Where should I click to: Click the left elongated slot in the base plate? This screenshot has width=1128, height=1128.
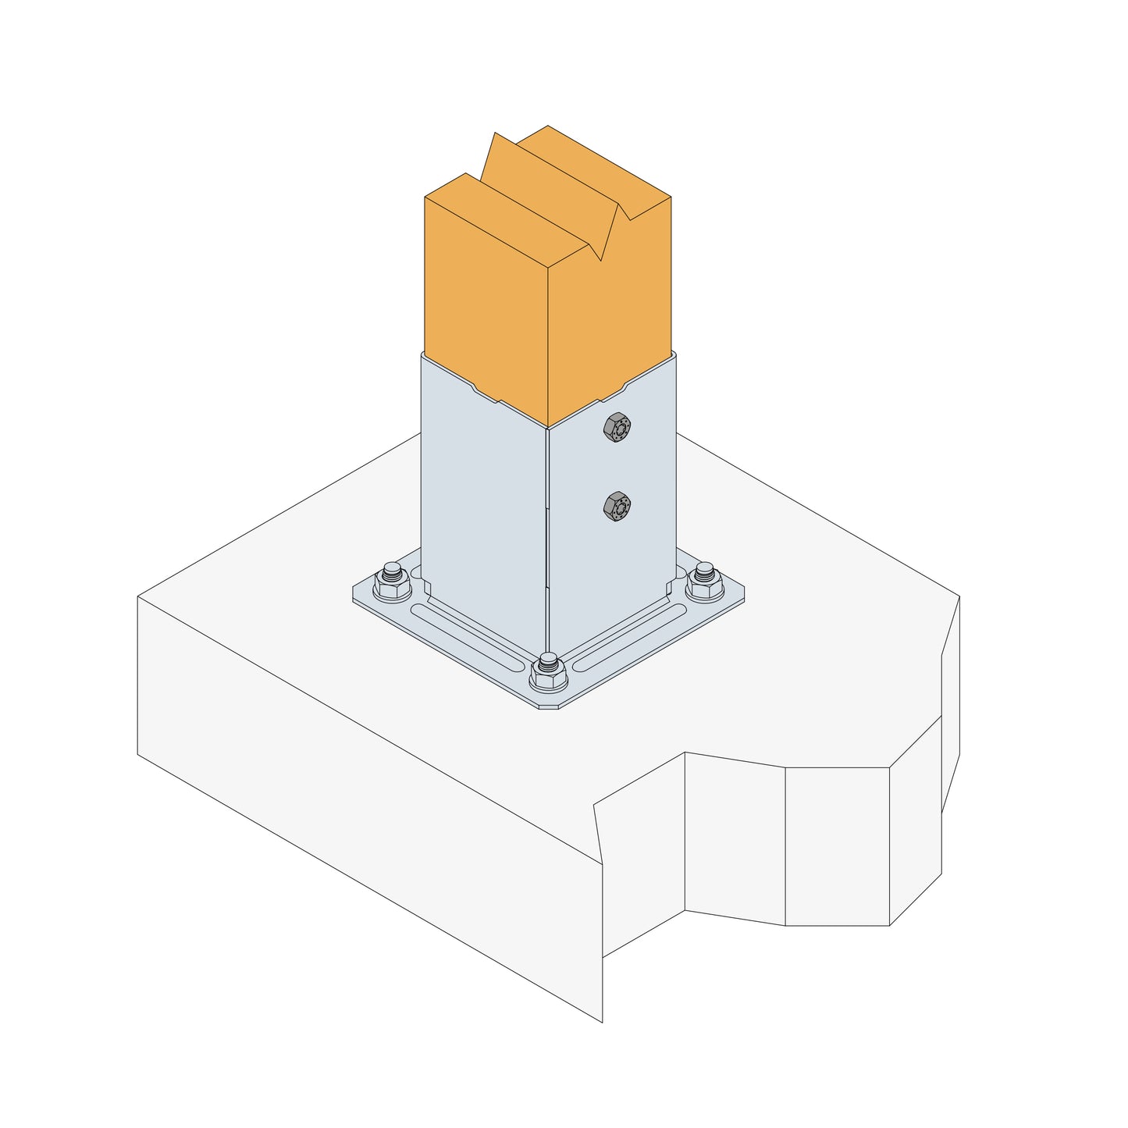[x=468, y=633]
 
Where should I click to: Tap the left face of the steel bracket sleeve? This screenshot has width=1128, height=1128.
[x=484, y=500]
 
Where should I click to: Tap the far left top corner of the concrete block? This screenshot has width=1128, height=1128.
[x=138, y=597]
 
